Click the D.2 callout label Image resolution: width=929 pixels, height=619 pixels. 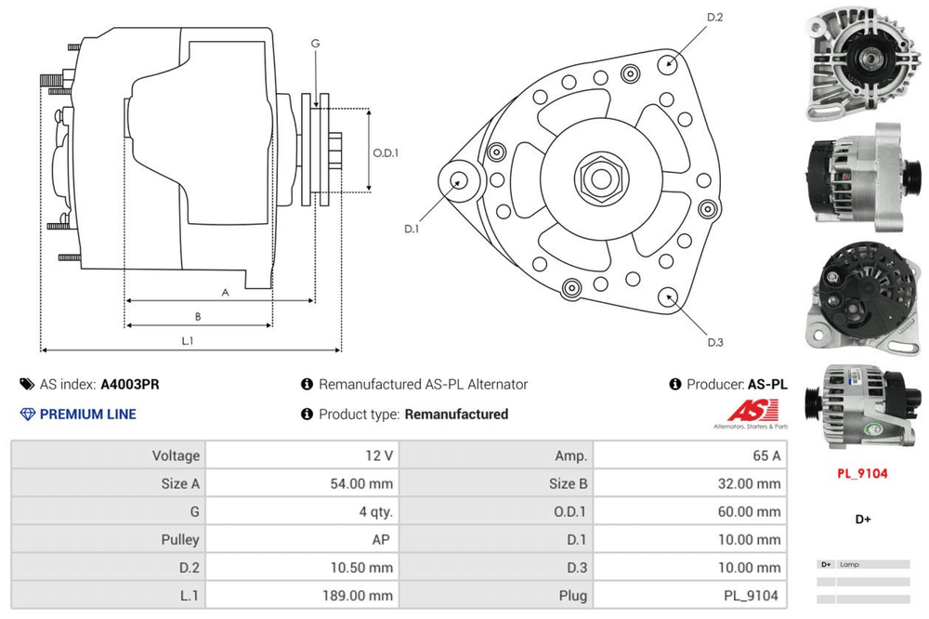point(714,18)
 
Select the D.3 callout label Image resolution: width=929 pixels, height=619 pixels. point(714,342)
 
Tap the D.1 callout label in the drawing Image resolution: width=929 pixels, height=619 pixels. point(412,229)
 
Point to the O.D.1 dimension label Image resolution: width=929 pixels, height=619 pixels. point(386,153)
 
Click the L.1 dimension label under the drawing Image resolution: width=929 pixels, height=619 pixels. point(187,341)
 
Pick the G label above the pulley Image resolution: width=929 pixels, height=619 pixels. point(315,44)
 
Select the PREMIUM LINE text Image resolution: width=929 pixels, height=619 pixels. point(87,414)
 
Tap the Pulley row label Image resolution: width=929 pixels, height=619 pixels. point(180,539)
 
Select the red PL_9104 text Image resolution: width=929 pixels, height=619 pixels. point(862,473)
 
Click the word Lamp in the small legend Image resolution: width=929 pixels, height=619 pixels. point(849,564)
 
